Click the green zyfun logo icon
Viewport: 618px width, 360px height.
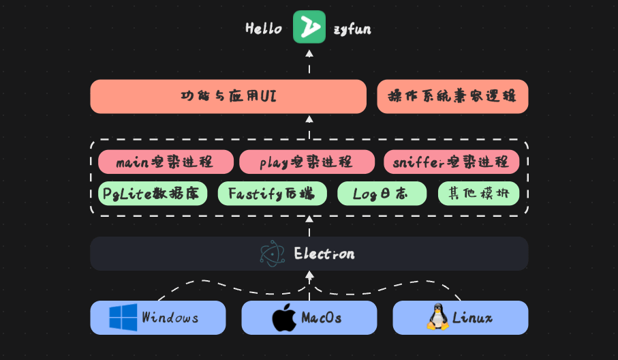(x=309, y=27)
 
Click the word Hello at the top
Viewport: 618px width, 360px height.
(x=264, y=29)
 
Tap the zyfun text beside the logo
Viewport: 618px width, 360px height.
(x=352, y=29)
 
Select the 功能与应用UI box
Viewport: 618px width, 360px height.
(x=228, y=96)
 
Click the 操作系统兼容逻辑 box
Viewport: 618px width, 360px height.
(x=452, y=96)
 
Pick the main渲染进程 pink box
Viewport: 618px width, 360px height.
(x=165, y=162)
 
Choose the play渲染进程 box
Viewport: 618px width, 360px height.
(x=307, y=162)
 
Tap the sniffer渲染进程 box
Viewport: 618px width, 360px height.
(x=451, y=162)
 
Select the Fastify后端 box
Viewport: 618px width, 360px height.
(x=272, y=194)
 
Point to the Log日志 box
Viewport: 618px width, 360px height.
(x=382, y=194)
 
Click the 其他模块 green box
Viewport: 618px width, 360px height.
(x=478, y=194)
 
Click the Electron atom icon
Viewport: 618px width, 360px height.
(x=273, y=254)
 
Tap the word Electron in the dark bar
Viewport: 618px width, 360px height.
(x=324, y=254)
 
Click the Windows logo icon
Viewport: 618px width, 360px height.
(x=123, y=318)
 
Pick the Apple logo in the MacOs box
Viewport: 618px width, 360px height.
(x=284, y=318)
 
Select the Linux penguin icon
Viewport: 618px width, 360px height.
(x=437, y=318)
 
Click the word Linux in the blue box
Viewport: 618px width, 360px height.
(x=472, y=318)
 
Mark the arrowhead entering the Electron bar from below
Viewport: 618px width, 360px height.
(x=309, y=275)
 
